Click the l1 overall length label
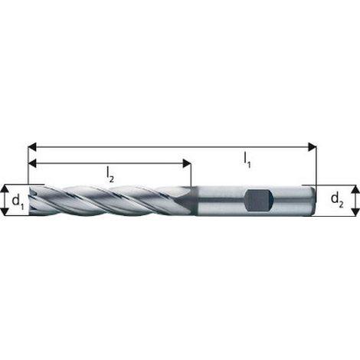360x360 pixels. tap(247, 160)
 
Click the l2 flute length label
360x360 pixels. tap(110, 175)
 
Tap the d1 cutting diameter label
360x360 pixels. tap(18, 201)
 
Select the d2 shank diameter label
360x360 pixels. tap(337, 200)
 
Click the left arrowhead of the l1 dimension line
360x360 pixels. tap(32, 147)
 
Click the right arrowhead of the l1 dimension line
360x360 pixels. tap(313, 147)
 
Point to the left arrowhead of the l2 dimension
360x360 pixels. tap(32, 163)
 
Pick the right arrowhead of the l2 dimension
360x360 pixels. tap(187, 163)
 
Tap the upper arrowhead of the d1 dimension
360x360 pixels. tap(5, 189)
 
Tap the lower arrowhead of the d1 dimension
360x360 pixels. tap(5, 211)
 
